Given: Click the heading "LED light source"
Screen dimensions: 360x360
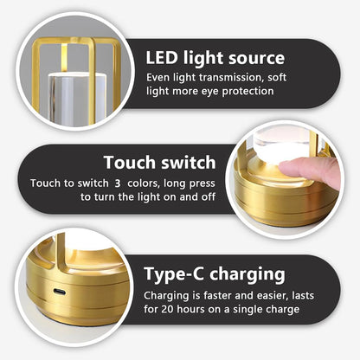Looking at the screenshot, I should click(215, 59).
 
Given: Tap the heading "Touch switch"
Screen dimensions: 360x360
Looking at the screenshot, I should click(159, 162).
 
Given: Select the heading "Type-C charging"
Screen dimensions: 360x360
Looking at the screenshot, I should click(215, 274).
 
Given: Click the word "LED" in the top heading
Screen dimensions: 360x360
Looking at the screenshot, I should click(162, 59).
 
